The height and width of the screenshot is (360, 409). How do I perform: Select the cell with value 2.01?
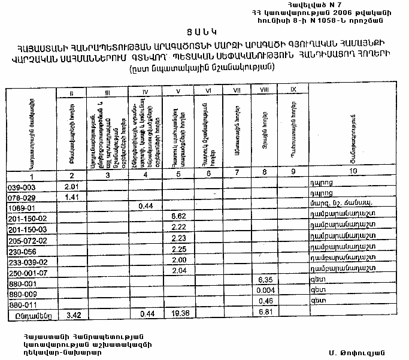click(x=72, y=187)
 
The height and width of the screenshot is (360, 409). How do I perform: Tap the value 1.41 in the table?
click(x=72, y=196)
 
